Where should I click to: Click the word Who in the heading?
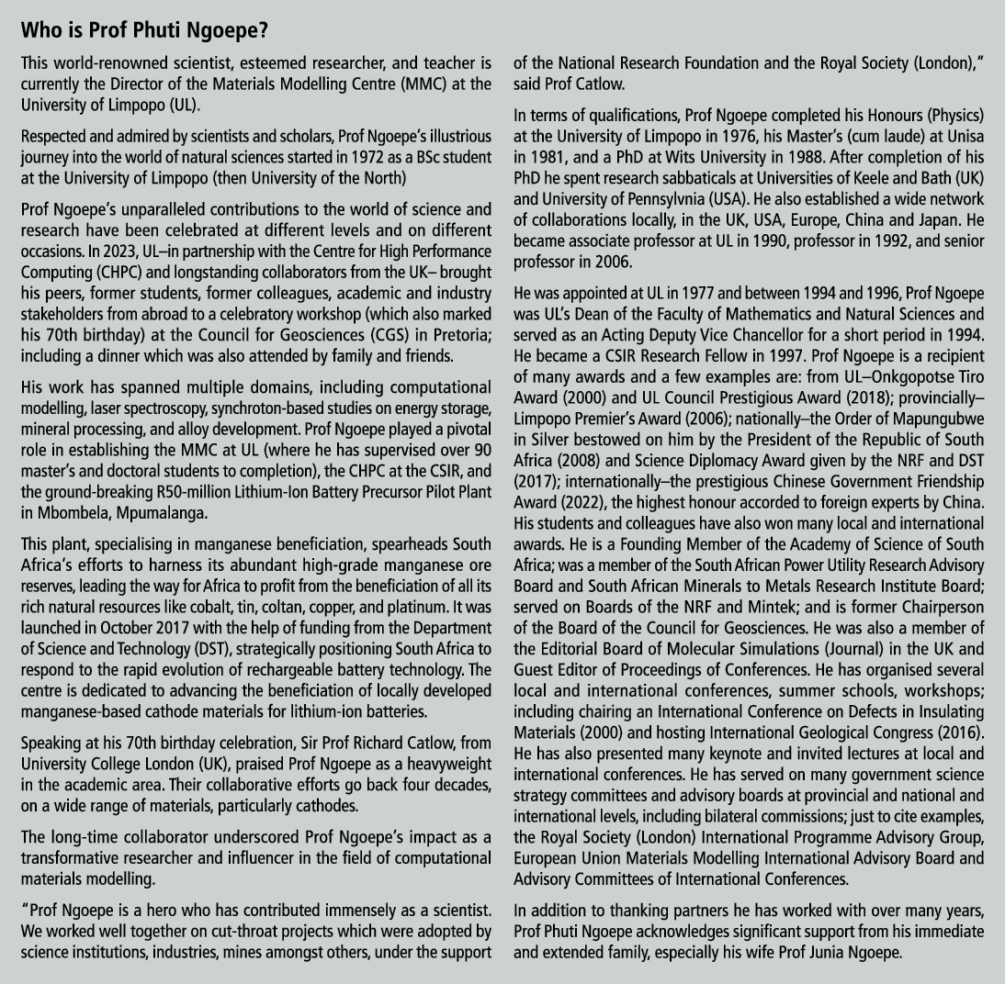point(41,29)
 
